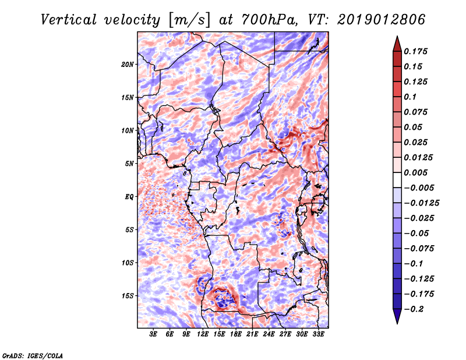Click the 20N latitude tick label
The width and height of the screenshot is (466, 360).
tap(128, 64)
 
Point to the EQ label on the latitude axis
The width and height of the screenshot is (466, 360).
tap(129, 197)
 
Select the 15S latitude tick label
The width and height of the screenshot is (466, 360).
tap(128, 296)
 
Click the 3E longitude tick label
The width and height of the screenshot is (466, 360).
tap(154, 334)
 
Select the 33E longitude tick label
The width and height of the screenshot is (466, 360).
tap(319, 334)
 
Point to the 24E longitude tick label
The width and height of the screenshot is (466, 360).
tap(269, 334)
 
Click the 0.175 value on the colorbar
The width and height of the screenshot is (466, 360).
tap(417, 51)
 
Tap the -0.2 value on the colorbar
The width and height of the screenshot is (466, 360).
tap(415, 309)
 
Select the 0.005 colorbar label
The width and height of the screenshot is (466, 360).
tap(417, 173)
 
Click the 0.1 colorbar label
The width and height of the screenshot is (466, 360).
tap(411, 97)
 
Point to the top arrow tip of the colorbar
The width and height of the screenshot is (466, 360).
tap(396, 37)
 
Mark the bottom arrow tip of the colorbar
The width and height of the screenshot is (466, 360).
tap(396, 323)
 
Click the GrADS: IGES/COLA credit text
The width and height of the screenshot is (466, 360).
tap(33, 355)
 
